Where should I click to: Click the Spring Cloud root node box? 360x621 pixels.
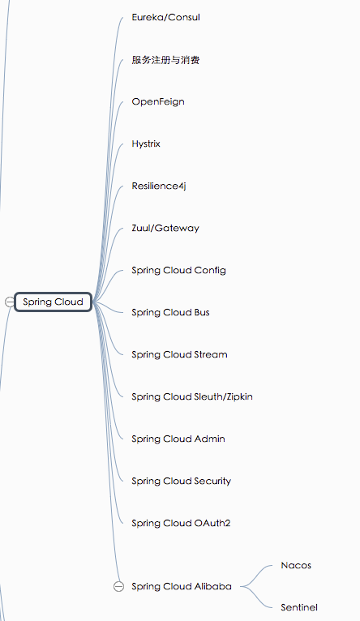coord(53,302)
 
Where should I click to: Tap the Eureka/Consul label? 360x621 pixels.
coord(165,17)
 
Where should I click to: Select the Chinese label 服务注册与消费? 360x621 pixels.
coord(165,60)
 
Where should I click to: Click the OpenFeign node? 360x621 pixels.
coord(158,102)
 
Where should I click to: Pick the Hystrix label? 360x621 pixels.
coord(146,144)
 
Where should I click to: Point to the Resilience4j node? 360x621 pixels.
coord(159,186)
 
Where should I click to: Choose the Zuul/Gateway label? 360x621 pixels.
coord(165,229)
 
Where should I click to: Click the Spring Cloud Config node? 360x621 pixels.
coord(178,271)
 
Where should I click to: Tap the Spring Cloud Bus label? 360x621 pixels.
coord(170,312)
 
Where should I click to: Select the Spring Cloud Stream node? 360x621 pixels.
coord(179,355)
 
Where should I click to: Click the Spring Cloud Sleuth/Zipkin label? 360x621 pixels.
coord(192,396)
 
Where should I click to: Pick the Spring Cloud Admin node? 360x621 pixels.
coord(178,439)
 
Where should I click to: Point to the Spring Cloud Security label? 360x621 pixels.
coord(181,482)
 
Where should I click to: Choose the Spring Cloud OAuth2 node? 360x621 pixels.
coord(181,523)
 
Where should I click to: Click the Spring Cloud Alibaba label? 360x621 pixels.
coord(182,586)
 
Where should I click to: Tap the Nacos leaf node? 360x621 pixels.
coord(296,566)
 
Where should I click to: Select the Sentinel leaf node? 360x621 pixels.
coord(299,607)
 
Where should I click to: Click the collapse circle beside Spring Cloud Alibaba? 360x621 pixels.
coord(119,586)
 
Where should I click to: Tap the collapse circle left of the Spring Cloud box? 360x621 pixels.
coord(10,302)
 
